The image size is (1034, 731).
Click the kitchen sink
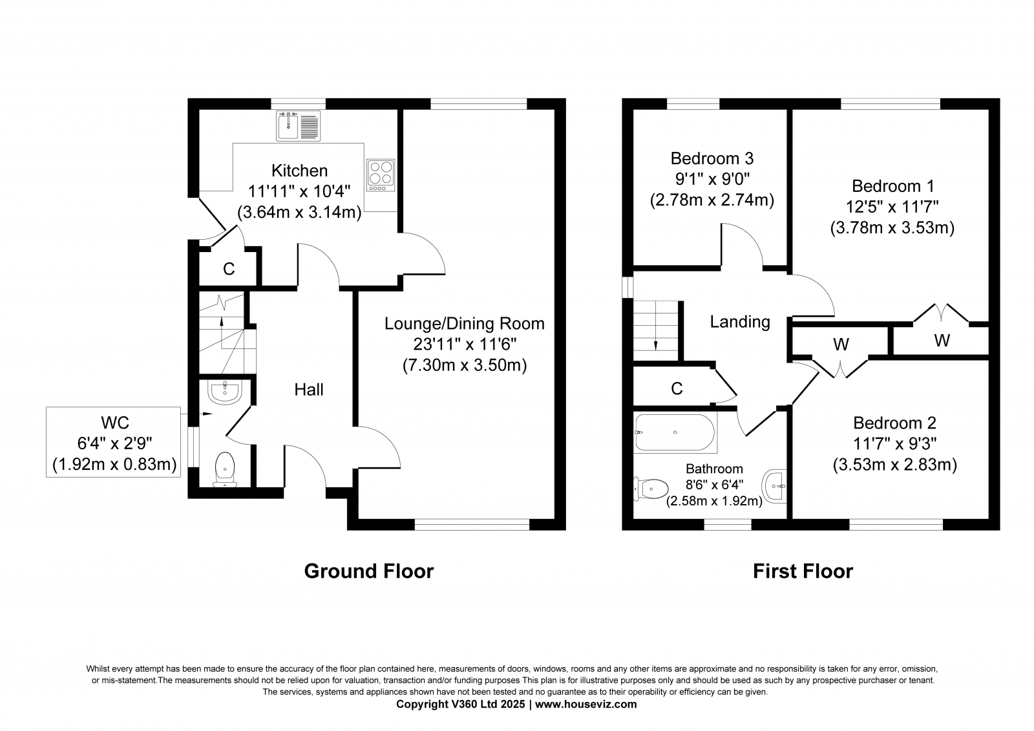[x=298, y=125]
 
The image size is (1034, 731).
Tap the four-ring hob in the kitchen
[x=381, y=175]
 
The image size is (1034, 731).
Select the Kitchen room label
[x=300, y=171]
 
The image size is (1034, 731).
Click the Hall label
[x=309, y=390]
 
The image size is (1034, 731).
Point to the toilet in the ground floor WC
[x=225, y=469]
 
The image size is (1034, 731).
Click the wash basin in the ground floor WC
[x=225, y=392]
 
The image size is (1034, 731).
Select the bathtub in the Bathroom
[x=675, y=432]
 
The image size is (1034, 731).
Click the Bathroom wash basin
[x=775, y=486]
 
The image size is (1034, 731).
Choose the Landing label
[x=740, y=322]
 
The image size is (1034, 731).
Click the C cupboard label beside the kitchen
[x=229, y=269]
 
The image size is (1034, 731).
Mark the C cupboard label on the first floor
[x=677, y=389]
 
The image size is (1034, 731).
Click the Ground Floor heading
[x=369, y=571]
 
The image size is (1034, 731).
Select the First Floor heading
[x=803, y=571]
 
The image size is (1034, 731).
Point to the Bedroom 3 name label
[x=712, y=158]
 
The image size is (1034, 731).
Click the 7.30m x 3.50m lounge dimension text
[x=465, y=365]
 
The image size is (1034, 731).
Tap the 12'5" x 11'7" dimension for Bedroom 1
[x=892, y=207]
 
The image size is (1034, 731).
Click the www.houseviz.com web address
[x=586, y=705]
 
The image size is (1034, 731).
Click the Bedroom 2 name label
[x=894, y=423]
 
